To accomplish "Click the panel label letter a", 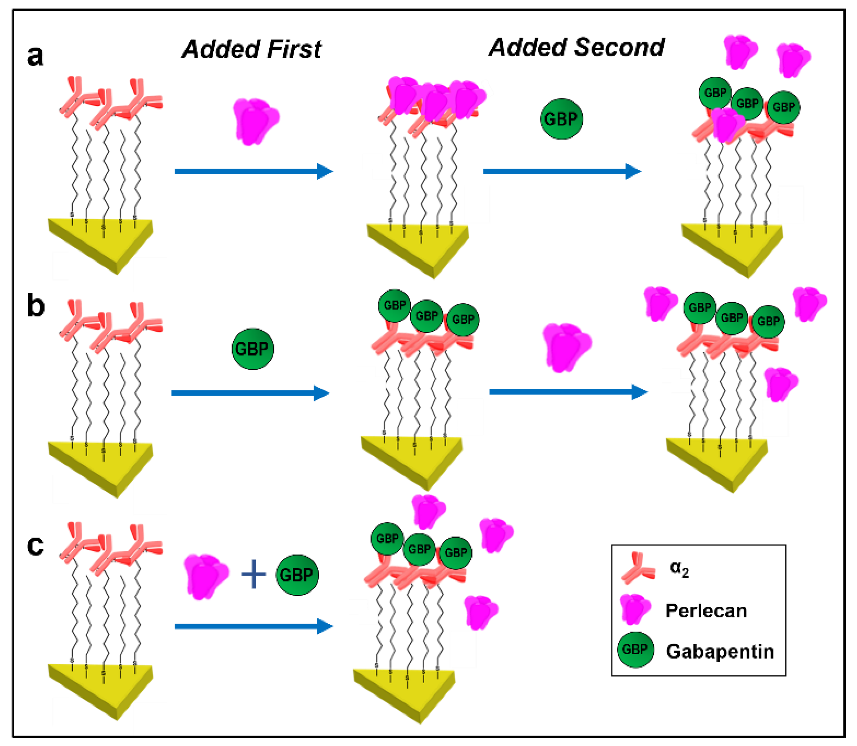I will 35,56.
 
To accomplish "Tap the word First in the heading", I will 294,49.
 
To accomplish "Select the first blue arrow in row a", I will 253,171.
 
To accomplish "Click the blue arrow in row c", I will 253,626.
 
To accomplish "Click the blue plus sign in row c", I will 253,574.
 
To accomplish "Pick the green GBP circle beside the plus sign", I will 297,575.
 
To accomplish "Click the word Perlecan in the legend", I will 706,611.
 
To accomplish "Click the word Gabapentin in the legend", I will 720,651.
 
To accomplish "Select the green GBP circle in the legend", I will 635,649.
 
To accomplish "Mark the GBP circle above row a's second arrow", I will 561,119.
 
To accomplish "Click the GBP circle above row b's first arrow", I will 252,349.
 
